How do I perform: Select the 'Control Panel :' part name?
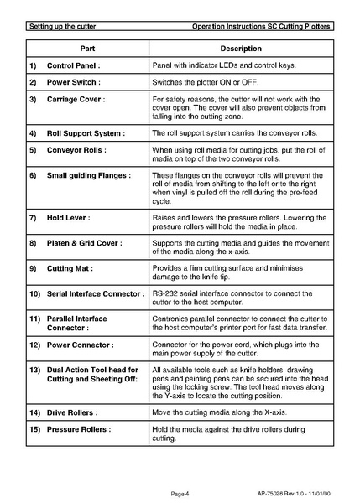tap(74, 65)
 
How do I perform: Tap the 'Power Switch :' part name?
tap(74, 83)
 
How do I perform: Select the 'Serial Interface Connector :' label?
tap(97, 293)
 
